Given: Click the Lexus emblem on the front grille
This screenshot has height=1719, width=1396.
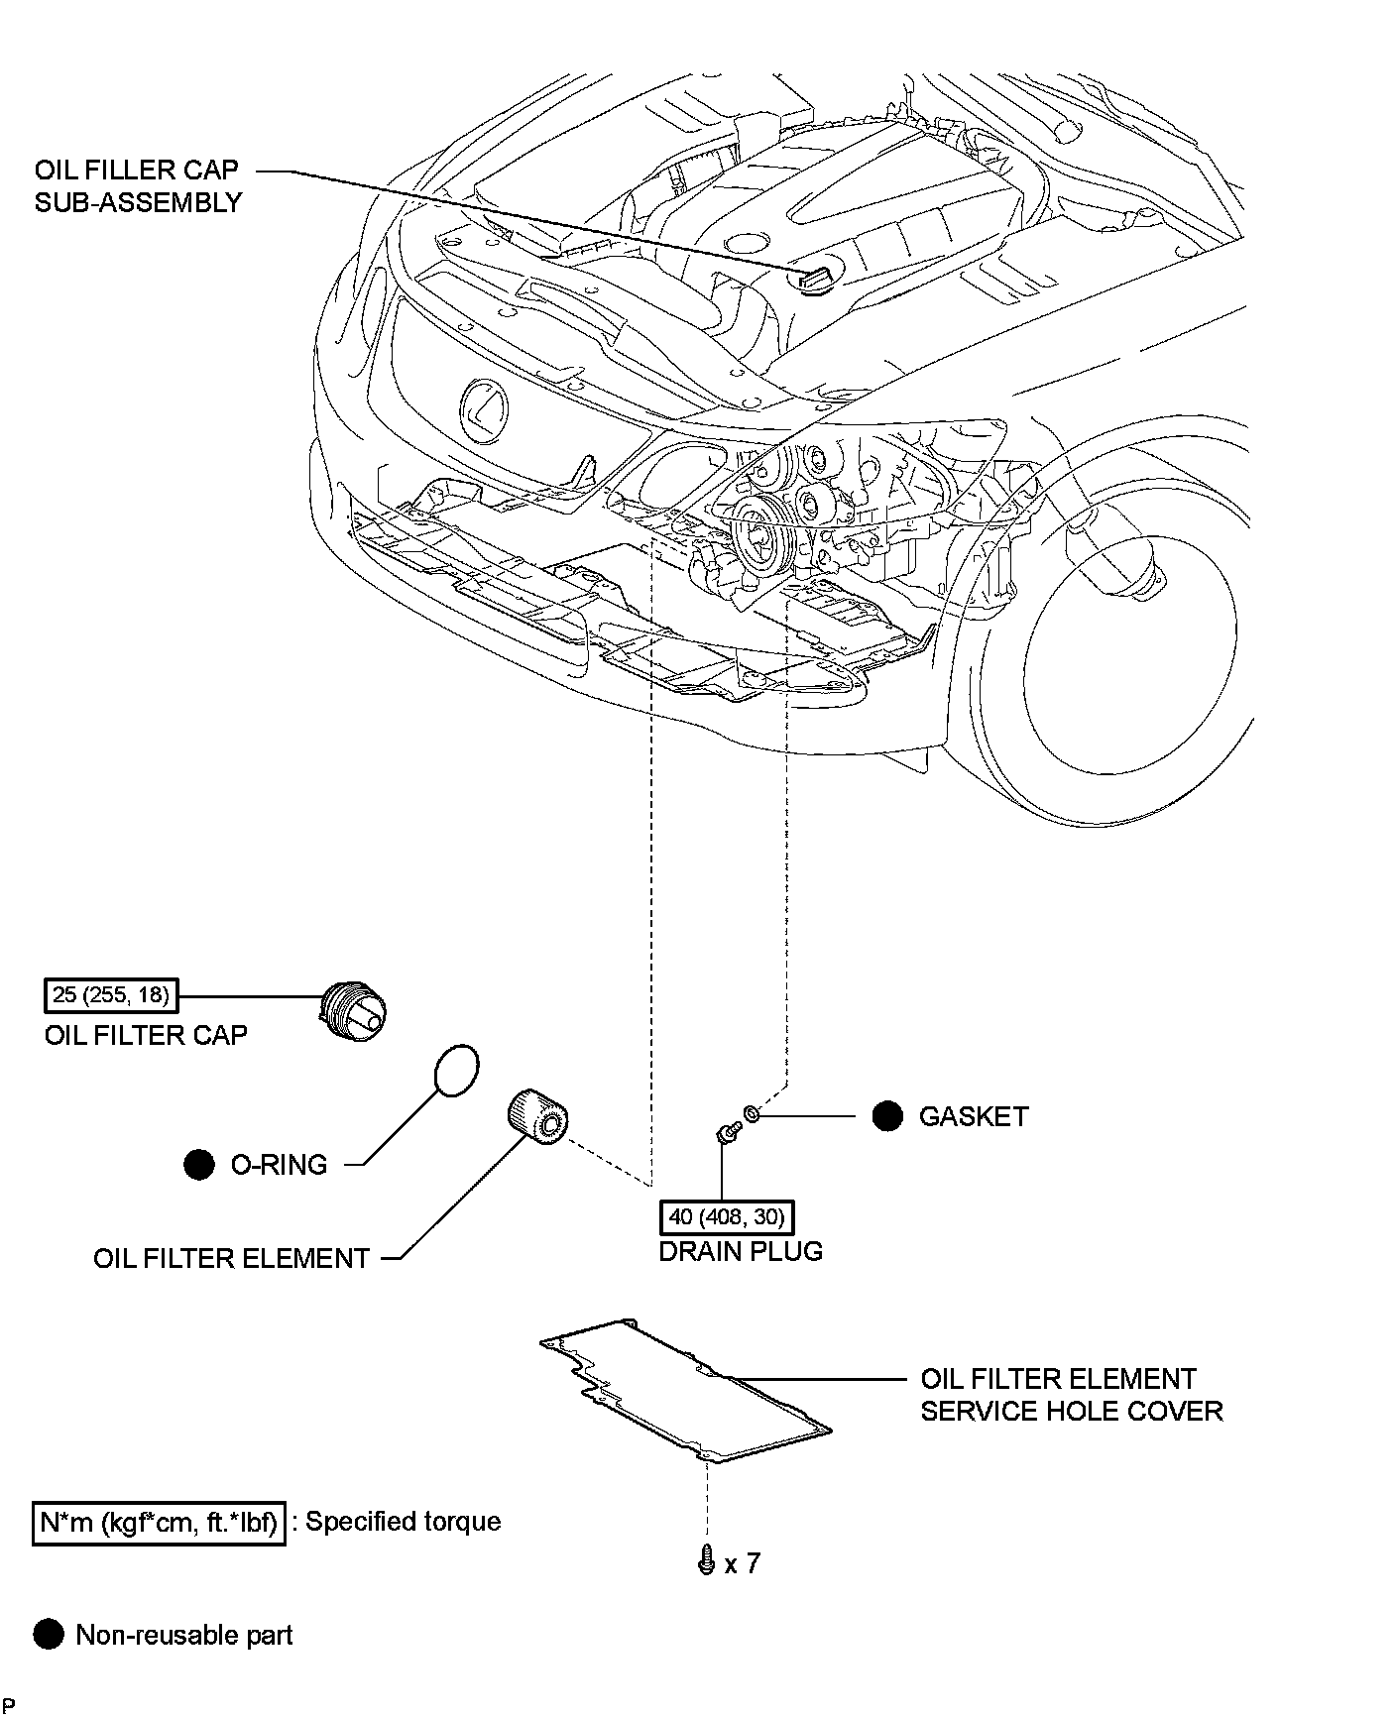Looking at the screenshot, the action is [483, 409].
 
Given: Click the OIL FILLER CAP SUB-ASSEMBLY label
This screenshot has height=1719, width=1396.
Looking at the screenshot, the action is [138, 185].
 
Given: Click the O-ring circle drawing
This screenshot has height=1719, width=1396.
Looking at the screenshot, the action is [456, 1070].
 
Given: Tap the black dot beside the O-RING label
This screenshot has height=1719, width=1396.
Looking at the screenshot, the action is [199, 1164].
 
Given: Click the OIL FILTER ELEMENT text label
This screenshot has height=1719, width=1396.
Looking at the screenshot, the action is [231, 1258].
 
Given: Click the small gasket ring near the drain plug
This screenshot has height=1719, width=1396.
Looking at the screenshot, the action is [752, 1115].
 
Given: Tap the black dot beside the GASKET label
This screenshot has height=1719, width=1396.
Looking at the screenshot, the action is [887, 1116].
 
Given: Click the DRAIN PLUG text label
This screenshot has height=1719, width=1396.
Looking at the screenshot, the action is [741, 1251].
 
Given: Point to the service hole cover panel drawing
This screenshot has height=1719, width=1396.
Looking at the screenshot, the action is [685, 1390].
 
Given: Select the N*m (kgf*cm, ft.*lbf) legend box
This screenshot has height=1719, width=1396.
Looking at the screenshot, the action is [160, 1522].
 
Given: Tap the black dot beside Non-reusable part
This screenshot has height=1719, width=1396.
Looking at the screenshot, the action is [48, 1635].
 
